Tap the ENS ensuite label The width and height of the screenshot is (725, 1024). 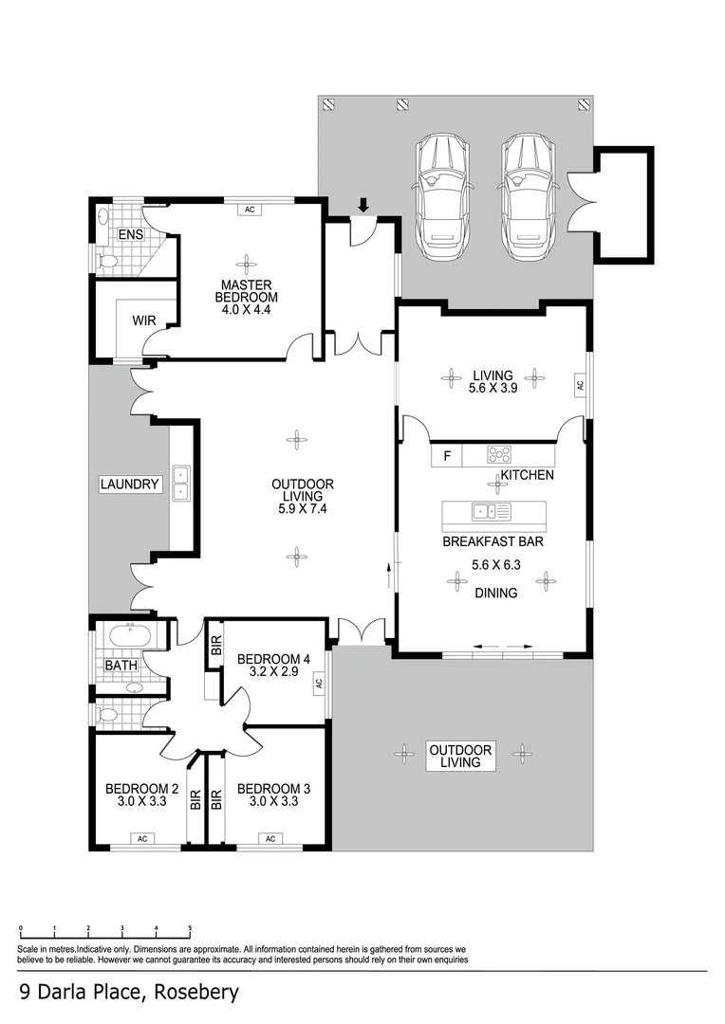tap(129, 234)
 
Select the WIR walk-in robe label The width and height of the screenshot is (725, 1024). tap(143, 320)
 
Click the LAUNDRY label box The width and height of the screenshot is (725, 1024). tap(130, 485)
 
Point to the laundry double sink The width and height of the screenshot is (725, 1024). tap(180, 484)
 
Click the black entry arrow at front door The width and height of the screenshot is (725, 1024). tap(362, 205)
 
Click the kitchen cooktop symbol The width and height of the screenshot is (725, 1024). tap(499, 454)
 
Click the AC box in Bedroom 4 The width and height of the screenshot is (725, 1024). tap(319, 682)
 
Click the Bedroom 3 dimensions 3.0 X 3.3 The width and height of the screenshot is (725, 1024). tap(273, 802)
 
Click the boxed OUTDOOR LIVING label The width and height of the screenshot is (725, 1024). tap(461, 755)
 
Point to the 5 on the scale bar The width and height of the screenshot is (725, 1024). tap(190, 930)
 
